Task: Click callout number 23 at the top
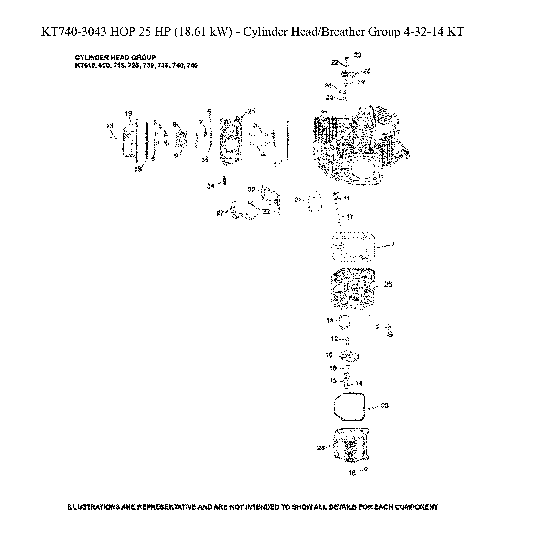click(x=358, y=55)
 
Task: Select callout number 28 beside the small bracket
click(x=366, y=71)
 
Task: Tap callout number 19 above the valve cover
click(x=129, y=113)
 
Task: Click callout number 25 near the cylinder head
click(x=251, y=111)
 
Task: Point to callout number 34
click(x=210, y=186)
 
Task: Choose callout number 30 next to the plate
click(x=251, y=189)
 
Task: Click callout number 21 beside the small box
click(x=297, y=200)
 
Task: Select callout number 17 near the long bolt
click(x=350, y=217)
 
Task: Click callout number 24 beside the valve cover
click(x=320, y=448)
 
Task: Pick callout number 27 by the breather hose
click(x=220, y=213)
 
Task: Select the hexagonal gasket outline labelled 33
click(x=349, y=407)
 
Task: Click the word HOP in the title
click(x=122, y=32)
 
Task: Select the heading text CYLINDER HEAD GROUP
click(x=115, y=57)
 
